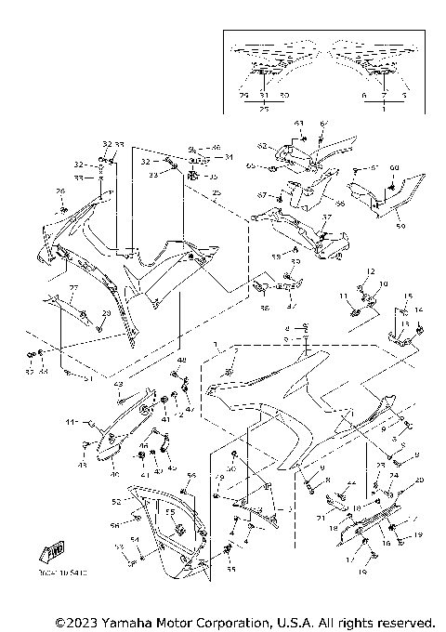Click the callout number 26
pos(61,191)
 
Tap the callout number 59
pos(401,225)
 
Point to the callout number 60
pos(393,167)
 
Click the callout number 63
pos(299,124)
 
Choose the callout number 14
pos(418,309)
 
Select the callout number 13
pos(403,323)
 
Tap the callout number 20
pos(419,480)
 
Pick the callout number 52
pos(117,501)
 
